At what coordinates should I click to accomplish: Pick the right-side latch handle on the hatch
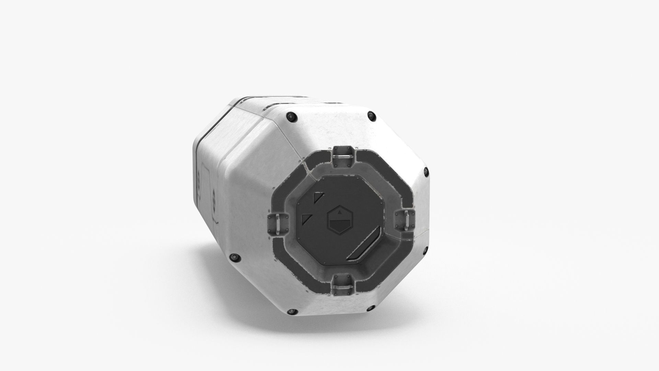(407, 220)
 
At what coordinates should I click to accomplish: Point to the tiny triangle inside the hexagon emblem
(340, 213)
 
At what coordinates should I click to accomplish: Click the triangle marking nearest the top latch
(318, 198)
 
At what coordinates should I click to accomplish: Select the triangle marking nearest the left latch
(306, 219)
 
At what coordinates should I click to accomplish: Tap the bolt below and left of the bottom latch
(292, 312)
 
